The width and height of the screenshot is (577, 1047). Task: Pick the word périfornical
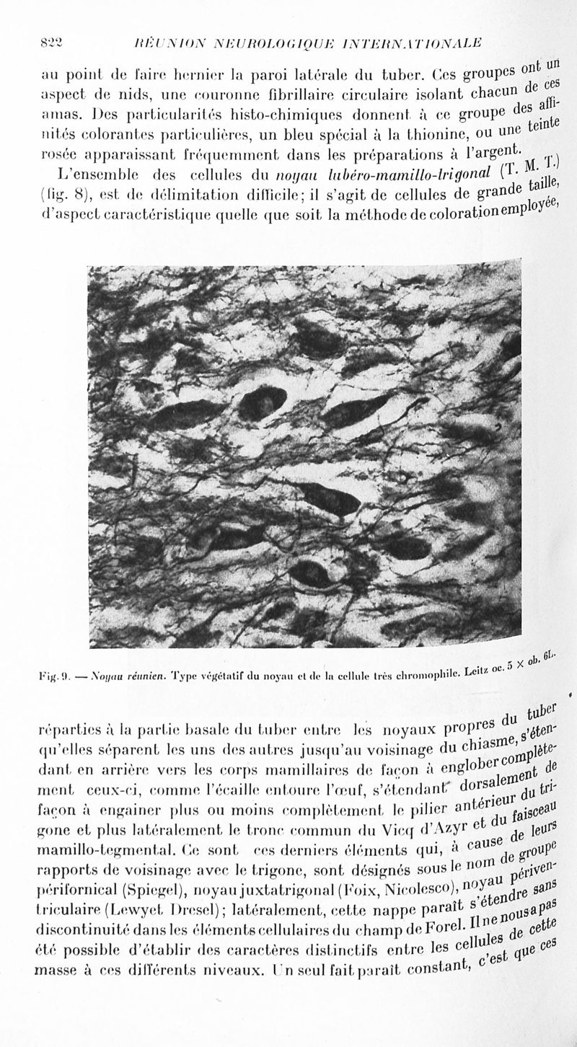(x=72, y=887)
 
